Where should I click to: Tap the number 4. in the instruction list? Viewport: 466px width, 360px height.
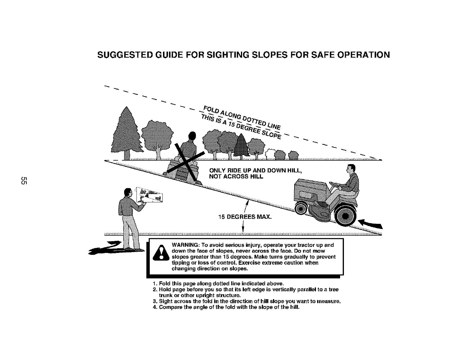point(155,308)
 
